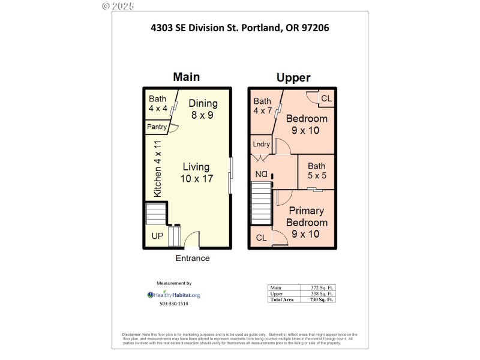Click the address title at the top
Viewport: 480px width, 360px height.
tap(239, 27)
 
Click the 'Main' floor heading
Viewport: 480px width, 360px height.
tap(186, 77)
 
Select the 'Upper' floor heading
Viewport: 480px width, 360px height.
tap(293, 77)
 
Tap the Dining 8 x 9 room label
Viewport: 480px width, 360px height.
tap(202, 109)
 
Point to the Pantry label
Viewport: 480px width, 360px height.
tap(157, 127)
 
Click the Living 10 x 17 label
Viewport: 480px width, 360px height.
tap(196, 173)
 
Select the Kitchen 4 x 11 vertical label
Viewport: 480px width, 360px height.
tap(157, 169)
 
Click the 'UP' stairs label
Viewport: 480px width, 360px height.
tap(157, 236)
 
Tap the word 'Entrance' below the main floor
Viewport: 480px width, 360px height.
tap(193, 258)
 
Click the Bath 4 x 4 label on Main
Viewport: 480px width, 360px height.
tap(158, 104)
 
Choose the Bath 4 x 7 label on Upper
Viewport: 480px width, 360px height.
tap(262, 106)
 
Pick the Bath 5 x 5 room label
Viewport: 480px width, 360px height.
tap(317, 171)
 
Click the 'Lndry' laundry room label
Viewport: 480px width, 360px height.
tap(262, 144)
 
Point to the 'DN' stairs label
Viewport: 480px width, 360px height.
tap(262, 175)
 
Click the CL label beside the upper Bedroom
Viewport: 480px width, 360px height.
tap(326, 98)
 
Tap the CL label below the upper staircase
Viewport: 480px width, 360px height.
tap(261, 238)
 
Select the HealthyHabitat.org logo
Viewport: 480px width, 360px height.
tap(174, 295)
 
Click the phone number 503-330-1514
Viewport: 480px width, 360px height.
tap(174, 304)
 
